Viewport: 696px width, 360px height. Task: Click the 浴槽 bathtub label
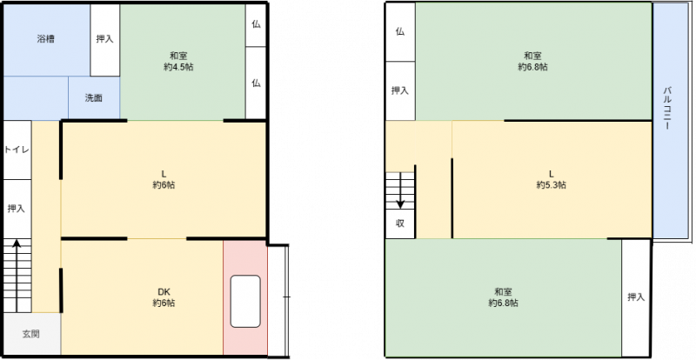46,39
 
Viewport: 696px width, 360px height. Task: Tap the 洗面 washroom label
94,98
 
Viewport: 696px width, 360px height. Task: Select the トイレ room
17,150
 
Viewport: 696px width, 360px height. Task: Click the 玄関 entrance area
31,334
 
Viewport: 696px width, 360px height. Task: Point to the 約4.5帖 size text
178,68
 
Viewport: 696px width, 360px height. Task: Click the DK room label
164,291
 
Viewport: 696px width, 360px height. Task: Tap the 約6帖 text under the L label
164,185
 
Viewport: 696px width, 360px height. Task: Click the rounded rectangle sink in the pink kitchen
245,302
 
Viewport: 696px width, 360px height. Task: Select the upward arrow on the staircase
17,276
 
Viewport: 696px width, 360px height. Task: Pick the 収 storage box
400,223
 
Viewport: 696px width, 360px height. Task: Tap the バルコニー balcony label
666,109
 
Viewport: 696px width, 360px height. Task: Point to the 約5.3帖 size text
551,185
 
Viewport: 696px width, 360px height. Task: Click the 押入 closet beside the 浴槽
105,40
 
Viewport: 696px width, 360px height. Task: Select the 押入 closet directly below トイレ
17,209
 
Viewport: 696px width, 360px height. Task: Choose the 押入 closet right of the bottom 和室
636,297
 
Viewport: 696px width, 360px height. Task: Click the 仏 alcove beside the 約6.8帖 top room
400,32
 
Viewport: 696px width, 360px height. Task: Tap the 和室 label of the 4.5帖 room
178,57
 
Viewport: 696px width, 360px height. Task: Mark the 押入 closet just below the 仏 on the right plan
400,90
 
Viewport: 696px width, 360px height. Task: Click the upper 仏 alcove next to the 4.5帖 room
256,25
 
